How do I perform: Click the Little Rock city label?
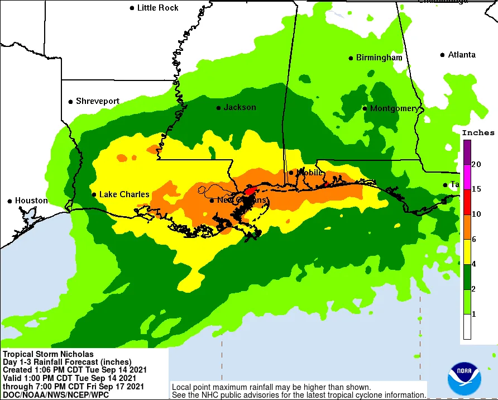click(x=157, y=8)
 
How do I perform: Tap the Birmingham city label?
click(x=379, y=58)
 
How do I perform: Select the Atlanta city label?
click(x=462, y=55)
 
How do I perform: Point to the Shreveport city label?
click(x=98, y=101)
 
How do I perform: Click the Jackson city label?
click(x=240, y=107)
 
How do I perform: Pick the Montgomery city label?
click(x=394, y=108)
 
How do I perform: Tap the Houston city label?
click(x=31, y=201)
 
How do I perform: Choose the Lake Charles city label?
click(x=124, y=194)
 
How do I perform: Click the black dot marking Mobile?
click(x=291, y=173)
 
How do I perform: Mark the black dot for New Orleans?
click(x=212, y=200)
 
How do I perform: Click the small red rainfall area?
click(x=250, y=191)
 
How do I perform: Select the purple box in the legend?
click(x=466, y=151)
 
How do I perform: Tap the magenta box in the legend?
click(x=466, y=177)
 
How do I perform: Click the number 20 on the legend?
click(x=476, y=164)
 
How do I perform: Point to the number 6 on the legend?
click(x=474, y=240)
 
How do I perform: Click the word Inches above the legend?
click(x=478, y=133)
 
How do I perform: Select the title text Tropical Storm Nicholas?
click(x=49, y=354)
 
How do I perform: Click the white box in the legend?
click(x=466, y=327)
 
